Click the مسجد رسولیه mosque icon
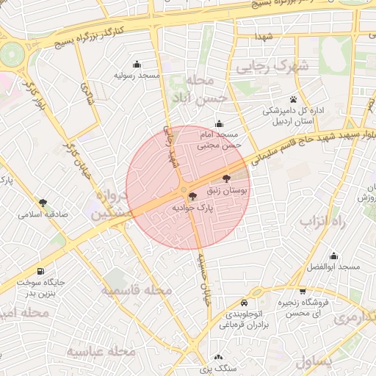click(x=137, y=64)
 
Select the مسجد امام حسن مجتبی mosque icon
click(x=218, y=123)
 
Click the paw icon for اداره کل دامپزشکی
click(x=293, y=98)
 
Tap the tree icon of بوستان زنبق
click(x=225, y=178)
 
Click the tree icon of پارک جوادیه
click(x=192, y=196)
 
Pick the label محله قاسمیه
click(x=136, y=291)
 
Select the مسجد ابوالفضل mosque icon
click(x=334, y=256)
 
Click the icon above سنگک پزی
click(x=217, y=357)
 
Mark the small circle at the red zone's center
click(x=184, y=191)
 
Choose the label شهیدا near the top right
click(x=264, y=37)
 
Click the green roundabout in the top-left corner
click(x=11, y=53)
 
